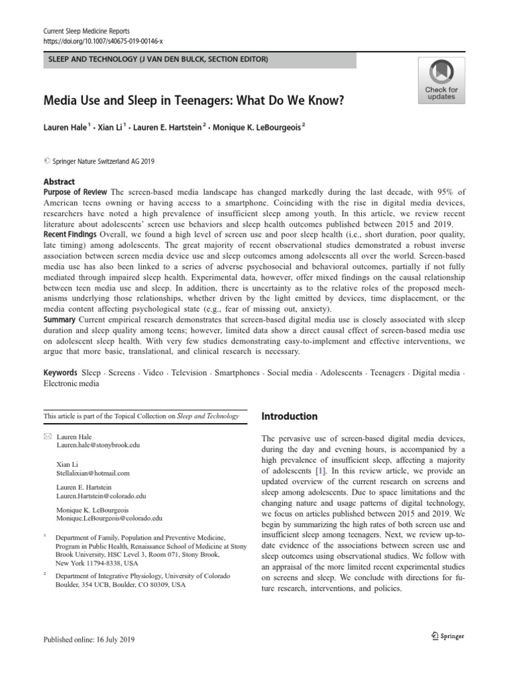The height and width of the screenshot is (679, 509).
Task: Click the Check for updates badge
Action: click(x=441, y=80)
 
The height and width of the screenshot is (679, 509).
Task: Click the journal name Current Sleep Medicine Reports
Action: click(x=86, y=31)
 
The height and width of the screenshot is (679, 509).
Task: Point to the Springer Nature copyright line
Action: click(x=99, y=161)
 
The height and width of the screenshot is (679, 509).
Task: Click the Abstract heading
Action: click(x=59, y=182)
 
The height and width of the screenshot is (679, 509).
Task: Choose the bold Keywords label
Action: click(x=60, y=373)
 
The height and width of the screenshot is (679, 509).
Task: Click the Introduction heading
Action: click(x=290, y=416)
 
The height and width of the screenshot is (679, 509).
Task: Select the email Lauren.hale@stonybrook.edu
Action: click(x=98, y=448)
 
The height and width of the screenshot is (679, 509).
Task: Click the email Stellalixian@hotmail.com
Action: click(x=93, y=473)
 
